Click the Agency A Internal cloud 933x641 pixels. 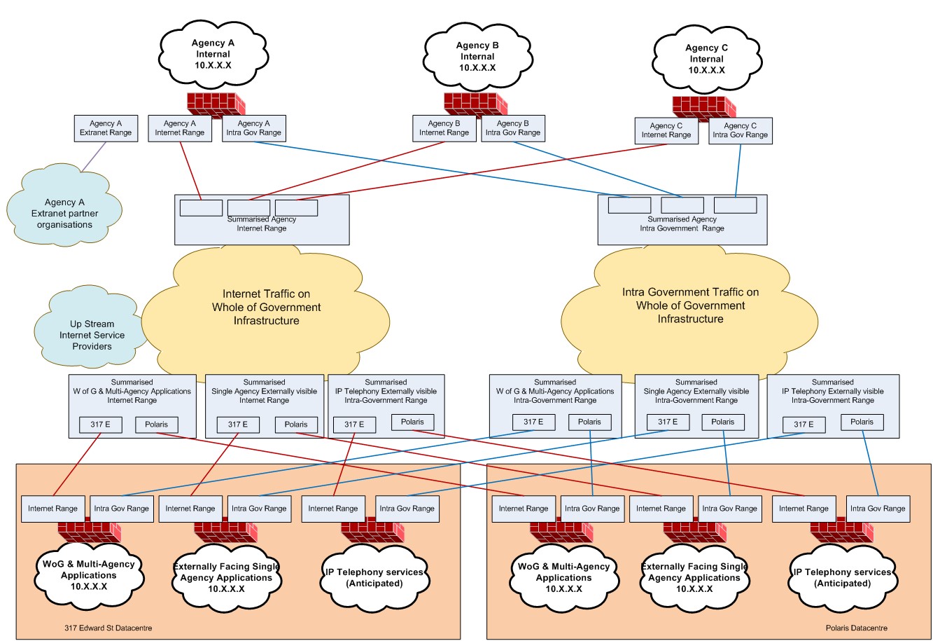(x=213, y=54)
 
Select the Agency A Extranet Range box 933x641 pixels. (x=105, y=127)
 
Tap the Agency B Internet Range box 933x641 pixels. (x=444, y=127)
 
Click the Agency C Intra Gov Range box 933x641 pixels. (x=741, y=130)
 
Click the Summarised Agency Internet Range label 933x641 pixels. (x=262, y=223)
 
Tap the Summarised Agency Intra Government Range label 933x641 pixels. (x=682, y=223)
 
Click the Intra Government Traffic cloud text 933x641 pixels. (x=690, y=305)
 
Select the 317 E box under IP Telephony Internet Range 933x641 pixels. (x=354, y=424)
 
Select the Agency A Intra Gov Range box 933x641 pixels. (x=253, y=127)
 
